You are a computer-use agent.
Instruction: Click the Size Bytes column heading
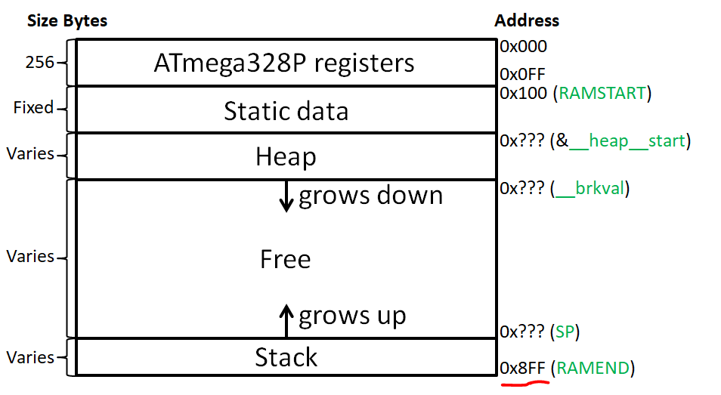(x=67, y=20)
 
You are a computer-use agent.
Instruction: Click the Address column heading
(x=527, y=20)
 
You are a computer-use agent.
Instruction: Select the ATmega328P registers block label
(x=284, y=62)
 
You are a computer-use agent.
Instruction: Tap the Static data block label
(x=286, y=111)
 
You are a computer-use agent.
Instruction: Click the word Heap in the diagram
(x=286, y=157)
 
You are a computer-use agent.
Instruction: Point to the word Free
(x=286, y=259)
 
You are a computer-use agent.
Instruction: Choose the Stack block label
(x=286, y=356)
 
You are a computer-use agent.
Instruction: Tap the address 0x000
(x=523, y=46)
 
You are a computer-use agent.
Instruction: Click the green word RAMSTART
(x=602, y=94)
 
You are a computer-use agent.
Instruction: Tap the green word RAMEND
(x=593, y=369)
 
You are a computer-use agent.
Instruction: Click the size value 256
(x=40, y=62)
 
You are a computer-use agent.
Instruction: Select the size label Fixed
(x=33, y=108)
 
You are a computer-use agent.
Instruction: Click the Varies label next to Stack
(x=30, y=357)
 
